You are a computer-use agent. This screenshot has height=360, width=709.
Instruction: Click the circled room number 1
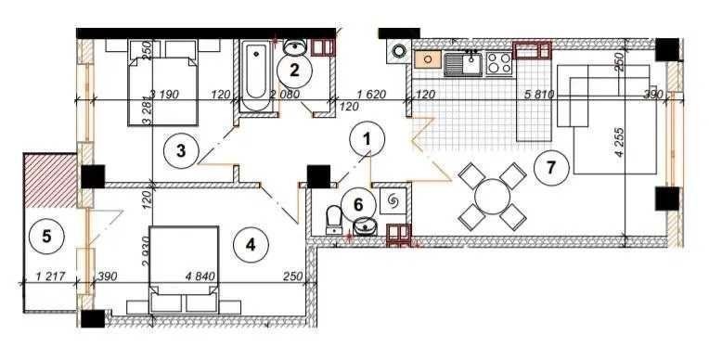click(367, 139)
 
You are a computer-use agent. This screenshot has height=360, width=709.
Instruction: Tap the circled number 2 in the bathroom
click(294, 71)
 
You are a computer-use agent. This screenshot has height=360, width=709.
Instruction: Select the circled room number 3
click(181, 150)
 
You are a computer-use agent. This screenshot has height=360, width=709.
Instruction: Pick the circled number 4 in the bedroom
click(251, 245)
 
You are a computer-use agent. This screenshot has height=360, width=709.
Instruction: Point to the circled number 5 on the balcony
click(46, 236)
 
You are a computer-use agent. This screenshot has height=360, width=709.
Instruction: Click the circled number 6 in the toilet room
click(358, 205)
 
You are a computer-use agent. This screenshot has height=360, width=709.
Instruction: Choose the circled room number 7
click(550, 168)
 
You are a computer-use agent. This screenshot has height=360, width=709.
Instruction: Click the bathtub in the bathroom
click(256, 76)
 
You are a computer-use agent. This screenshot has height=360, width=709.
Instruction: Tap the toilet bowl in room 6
click(334, 220)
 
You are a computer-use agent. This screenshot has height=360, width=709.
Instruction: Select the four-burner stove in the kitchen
click(498, 62)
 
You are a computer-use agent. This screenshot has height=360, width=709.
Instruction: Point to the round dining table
click(493, 197)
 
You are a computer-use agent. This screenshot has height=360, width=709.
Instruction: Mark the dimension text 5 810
click(538, 95)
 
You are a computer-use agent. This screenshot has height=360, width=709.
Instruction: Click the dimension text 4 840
click(200, 276)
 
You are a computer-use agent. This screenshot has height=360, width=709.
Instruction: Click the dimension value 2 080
click(282, 95)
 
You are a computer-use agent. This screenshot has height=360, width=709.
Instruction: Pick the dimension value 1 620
click(371, 95)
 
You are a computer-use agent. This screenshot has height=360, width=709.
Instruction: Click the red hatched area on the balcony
click(50, 181)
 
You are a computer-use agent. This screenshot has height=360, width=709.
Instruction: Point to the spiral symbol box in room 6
click(393, 200)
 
